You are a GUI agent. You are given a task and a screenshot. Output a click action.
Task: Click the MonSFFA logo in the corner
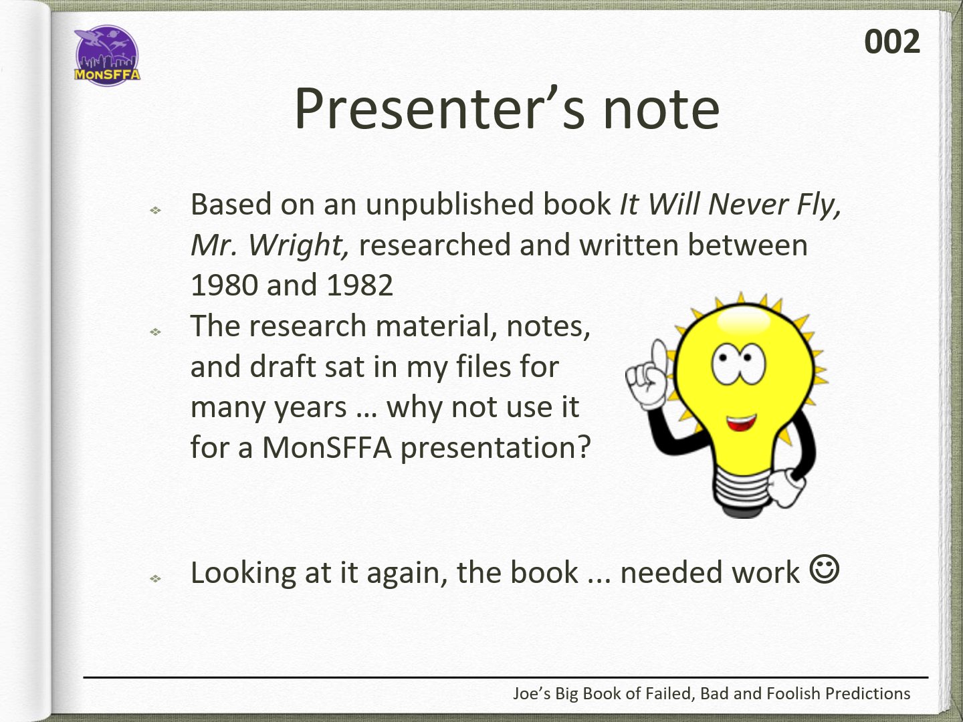pyautogui.click(x=107, y=55)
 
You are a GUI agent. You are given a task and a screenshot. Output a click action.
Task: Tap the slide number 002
pyautogui.click(x=892, y=42)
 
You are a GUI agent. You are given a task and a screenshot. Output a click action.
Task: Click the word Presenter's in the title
pyautogui.click(x=439, y=109)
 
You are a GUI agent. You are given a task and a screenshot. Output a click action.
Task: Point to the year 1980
pyautogui.click(x=224, y=285)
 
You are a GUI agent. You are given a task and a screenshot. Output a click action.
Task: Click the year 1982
pyautogui.click(x=360, y=285)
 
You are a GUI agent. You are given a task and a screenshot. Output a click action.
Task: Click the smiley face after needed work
pyautogui.click(x=825, y=569)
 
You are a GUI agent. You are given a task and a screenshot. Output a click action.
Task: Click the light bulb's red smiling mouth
pyautogui.click(x=741, y=423)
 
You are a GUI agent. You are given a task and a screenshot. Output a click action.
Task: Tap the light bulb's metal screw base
pyautogui.click(x=744, y=493)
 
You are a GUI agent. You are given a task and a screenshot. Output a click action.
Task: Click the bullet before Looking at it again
pyautogui.click(x=155, y=579)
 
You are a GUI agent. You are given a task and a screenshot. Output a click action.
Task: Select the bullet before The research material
pyautogui.click(x=155, y=332)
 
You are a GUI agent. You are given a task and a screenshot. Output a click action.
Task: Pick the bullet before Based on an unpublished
pyautogui.click(x=155, y=211)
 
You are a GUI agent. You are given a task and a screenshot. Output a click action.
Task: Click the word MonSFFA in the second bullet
pyautogui.click(x=327, y=448)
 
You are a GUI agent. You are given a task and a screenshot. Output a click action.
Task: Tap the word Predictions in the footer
pyautogui.click(x=867, y=694)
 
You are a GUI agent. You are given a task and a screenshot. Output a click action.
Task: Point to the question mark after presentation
pyautogui.click(x=583, y=447)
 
